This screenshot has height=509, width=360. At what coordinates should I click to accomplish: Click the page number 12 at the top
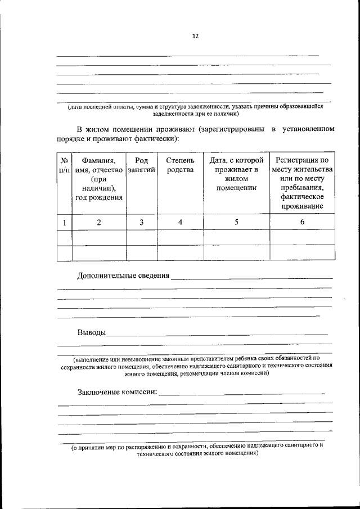(195, 36)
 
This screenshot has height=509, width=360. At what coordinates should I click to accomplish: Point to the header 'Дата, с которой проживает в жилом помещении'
(236, 174)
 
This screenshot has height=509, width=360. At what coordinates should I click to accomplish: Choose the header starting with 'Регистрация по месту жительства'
(302, 183)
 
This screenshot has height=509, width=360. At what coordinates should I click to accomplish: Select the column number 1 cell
(65, 222)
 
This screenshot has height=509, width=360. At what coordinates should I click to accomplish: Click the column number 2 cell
(98, 222)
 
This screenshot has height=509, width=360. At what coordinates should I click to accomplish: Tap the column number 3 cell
(142, 222)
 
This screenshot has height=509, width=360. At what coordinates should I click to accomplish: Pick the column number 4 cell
(180, 222)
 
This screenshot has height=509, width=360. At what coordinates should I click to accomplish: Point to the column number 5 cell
(236, 222)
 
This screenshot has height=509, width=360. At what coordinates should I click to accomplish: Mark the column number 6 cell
(302, 222)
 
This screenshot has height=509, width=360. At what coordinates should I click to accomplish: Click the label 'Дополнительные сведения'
(123, 276)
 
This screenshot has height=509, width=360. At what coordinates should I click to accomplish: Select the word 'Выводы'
(92, 332)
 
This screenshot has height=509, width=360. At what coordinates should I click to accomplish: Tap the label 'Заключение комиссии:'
(118, 391)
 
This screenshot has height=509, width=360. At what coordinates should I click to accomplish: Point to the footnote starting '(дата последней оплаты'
(195, 110)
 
